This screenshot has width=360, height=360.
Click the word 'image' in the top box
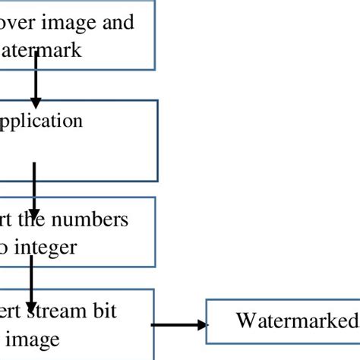(67, 22)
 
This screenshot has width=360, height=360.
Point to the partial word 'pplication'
(42, 121)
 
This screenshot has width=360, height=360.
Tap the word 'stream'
(58, 311)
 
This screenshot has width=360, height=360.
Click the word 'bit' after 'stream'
(103, 311)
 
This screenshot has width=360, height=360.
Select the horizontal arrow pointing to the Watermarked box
(178, 325)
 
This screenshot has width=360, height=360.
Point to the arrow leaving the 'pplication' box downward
(34, 178)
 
